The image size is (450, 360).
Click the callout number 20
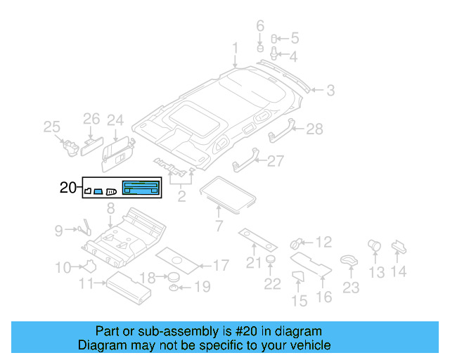point(67,187)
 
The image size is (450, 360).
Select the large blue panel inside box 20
point(141,187)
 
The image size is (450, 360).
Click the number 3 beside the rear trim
point(330,90)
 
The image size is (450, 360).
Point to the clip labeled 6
point(259,50)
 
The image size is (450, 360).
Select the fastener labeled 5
point(275,38)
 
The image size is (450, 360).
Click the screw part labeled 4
point(275,54)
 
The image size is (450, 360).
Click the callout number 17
point(220,266)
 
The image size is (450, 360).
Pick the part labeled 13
point(375,247)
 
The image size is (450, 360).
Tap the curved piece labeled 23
point(348,260)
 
